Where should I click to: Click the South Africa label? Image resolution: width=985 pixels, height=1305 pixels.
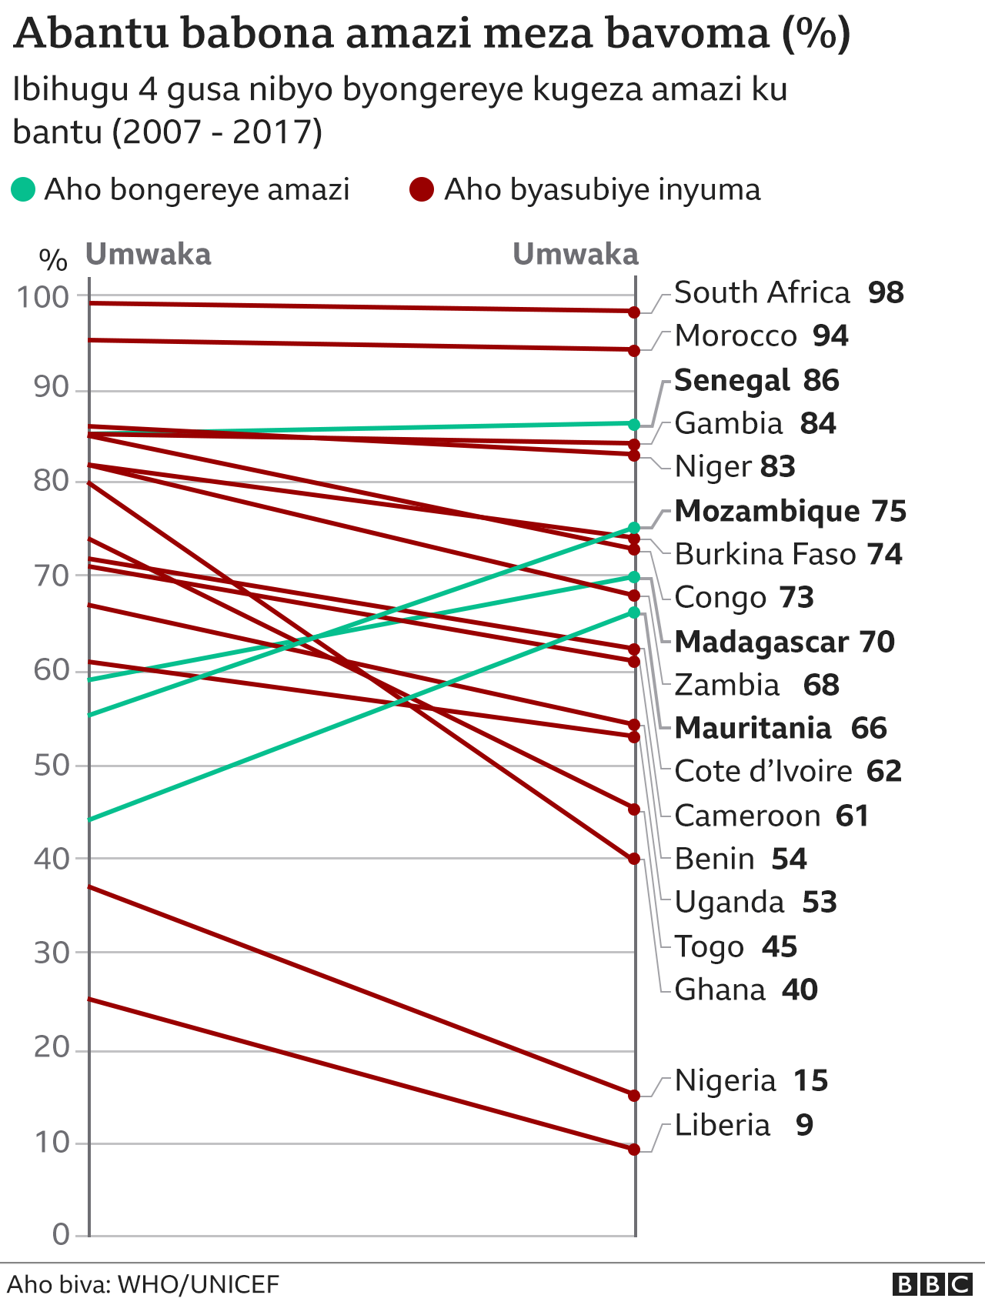(x=762, y=293)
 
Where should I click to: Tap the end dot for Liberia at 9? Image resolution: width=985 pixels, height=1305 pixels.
(x=634, y=1150)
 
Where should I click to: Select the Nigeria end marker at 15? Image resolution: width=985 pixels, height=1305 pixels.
(x=634, y=1095)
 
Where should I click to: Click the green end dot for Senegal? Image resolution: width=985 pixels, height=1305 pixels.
(x=634, y=424)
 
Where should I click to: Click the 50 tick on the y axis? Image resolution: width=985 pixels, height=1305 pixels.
(x=51, y=766)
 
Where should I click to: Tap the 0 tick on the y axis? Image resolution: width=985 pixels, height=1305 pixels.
(x=61, y=1235)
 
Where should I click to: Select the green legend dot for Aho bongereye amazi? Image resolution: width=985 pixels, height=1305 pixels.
(x=24, y=189)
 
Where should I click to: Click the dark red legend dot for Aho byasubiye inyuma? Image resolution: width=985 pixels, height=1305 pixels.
(x=422, y=189)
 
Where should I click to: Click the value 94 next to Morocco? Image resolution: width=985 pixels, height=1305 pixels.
(x=830, y=336)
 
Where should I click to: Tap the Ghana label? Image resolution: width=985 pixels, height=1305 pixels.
(x=720, y=990)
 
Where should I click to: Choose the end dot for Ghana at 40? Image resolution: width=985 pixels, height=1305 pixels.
(x=634, y=859)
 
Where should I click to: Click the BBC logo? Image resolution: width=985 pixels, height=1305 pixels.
(x=932, y=1284)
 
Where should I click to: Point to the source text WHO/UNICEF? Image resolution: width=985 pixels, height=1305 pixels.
(x=199, y=1284)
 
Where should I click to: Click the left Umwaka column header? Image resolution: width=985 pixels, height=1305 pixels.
(x=148, y=255)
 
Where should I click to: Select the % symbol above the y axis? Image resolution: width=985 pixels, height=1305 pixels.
(x=53, y=260)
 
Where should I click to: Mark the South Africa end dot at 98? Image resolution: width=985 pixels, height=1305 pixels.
(x=634, y=312)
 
